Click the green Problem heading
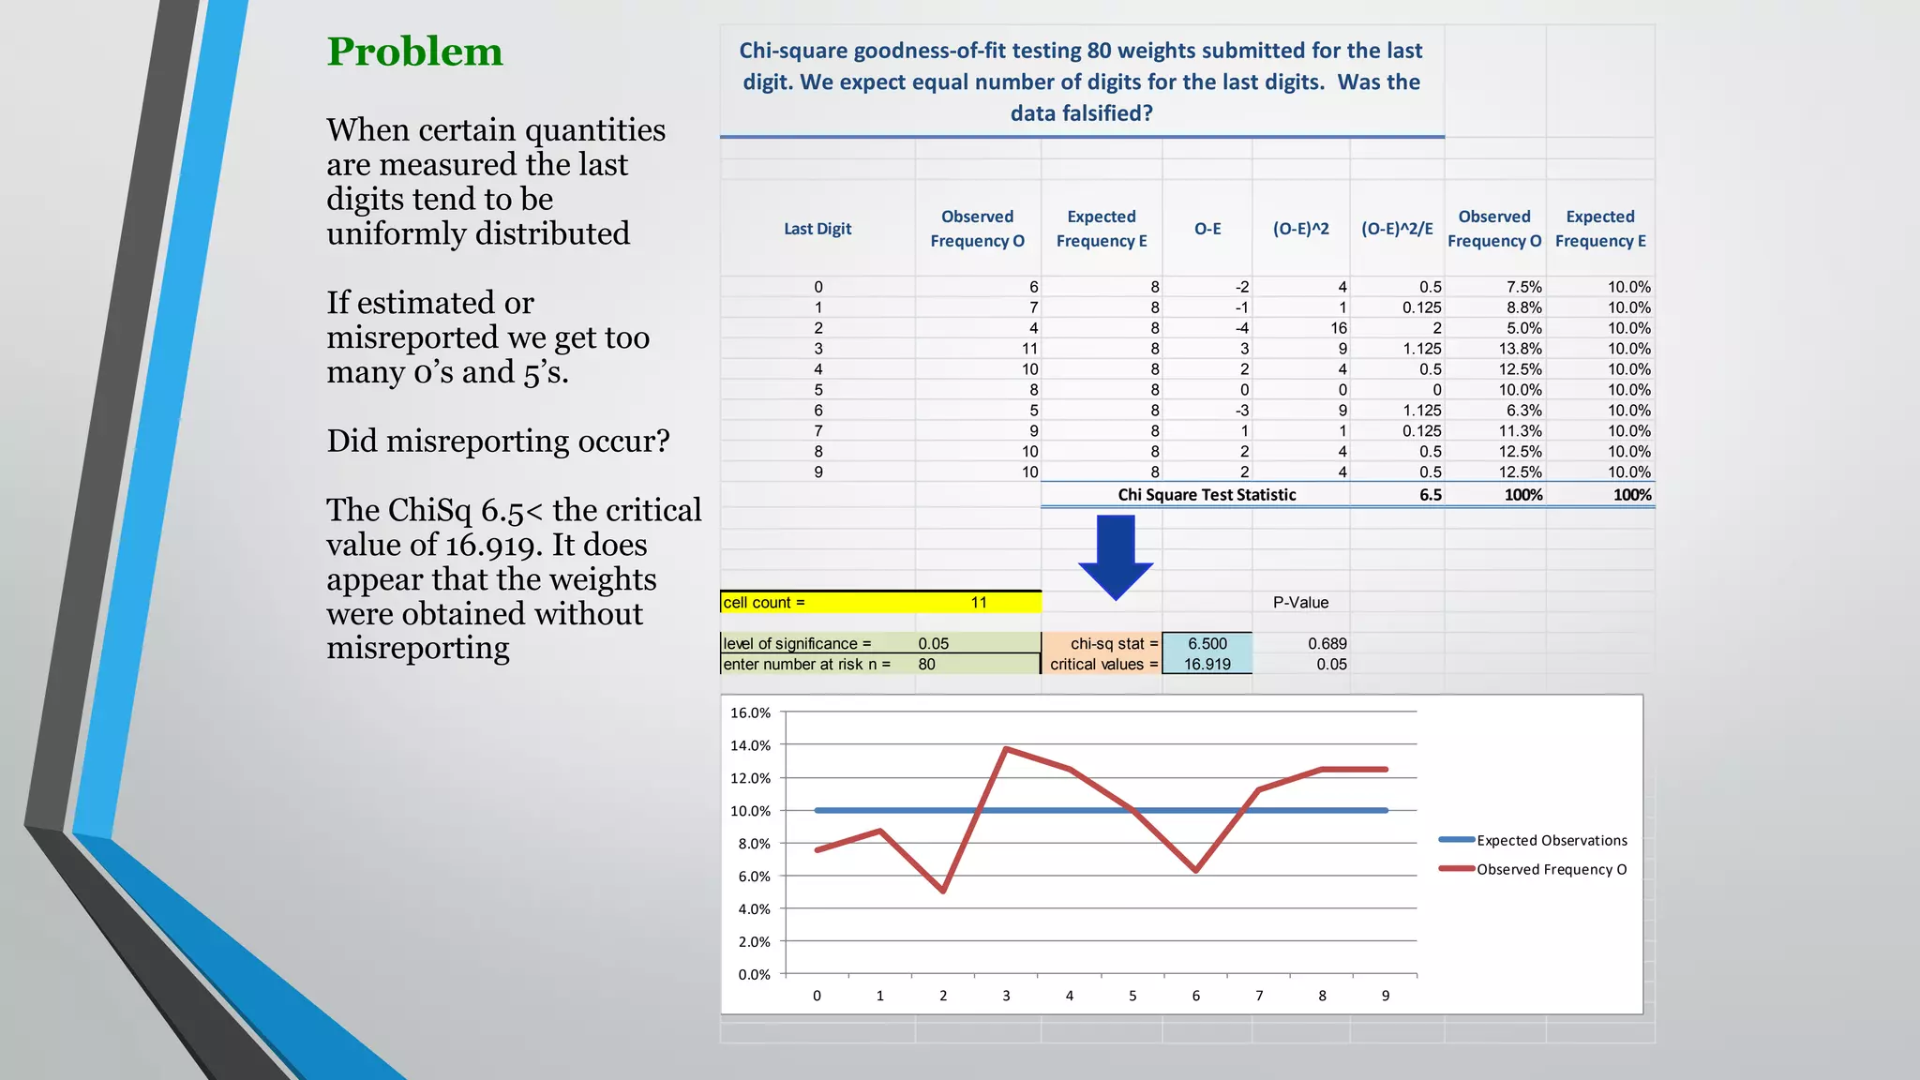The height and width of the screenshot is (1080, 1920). pos(414,52)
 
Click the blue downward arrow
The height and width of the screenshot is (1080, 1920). pos(1116,557)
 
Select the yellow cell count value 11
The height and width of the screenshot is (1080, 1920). pos(978,603)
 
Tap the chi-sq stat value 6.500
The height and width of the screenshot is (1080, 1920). pos(1207,644)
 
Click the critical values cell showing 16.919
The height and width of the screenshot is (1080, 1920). pos(1207,665)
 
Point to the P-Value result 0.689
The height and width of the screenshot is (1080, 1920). pos(1327,644)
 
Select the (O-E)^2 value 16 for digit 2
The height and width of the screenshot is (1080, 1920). pos(1338,328)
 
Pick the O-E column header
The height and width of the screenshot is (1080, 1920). pos(1207,229)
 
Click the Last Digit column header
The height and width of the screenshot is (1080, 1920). pos(817,229)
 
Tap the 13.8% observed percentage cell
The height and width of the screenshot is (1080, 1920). pos(1520,349)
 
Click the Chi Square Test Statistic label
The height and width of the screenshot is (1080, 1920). pos(1207,495)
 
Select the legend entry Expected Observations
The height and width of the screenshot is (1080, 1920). pos(1552,841)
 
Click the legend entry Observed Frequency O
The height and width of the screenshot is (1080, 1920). pos(1552,870)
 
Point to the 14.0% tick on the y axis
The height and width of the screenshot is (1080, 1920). pos(750,746)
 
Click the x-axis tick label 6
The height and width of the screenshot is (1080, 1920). pos(1195,997)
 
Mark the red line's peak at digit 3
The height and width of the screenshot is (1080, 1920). pos(1006,748)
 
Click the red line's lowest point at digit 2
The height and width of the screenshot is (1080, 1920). pos(943,891)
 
